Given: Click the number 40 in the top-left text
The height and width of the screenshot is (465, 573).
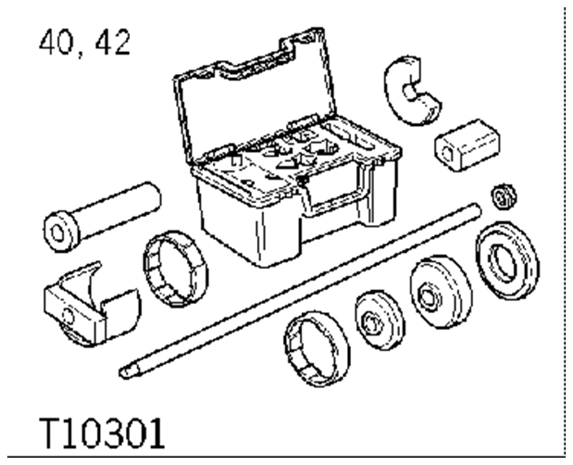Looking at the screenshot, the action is (56, 42).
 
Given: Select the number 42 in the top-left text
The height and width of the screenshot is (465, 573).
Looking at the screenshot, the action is (112, 42).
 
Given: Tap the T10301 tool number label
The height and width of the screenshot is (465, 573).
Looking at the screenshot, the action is (102, 433).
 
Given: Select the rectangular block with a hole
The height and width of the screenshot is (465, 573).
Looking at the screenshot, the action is (467, 146).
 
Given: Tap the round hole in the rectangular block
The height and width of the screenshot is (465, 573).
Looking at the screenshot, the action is (447, 153).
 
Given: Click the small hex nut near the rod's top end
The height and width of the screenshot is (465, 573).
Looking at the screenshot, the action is (504, 197).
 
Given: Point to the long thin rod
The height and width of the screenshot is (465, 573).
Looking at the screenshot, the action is (300, 291).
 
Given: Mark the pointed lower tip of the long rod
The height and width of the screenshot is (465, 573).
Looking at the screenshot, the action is (121, 373).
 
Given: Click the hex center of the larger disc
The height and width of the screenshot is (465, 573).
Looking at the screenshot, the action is (427, 296).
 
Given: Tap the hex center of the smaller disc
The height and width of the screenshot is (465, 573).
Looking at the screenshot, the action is (370, 323).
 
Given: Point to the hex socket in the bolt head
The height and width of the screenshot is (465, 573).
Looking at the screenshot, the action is (58, 232).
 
